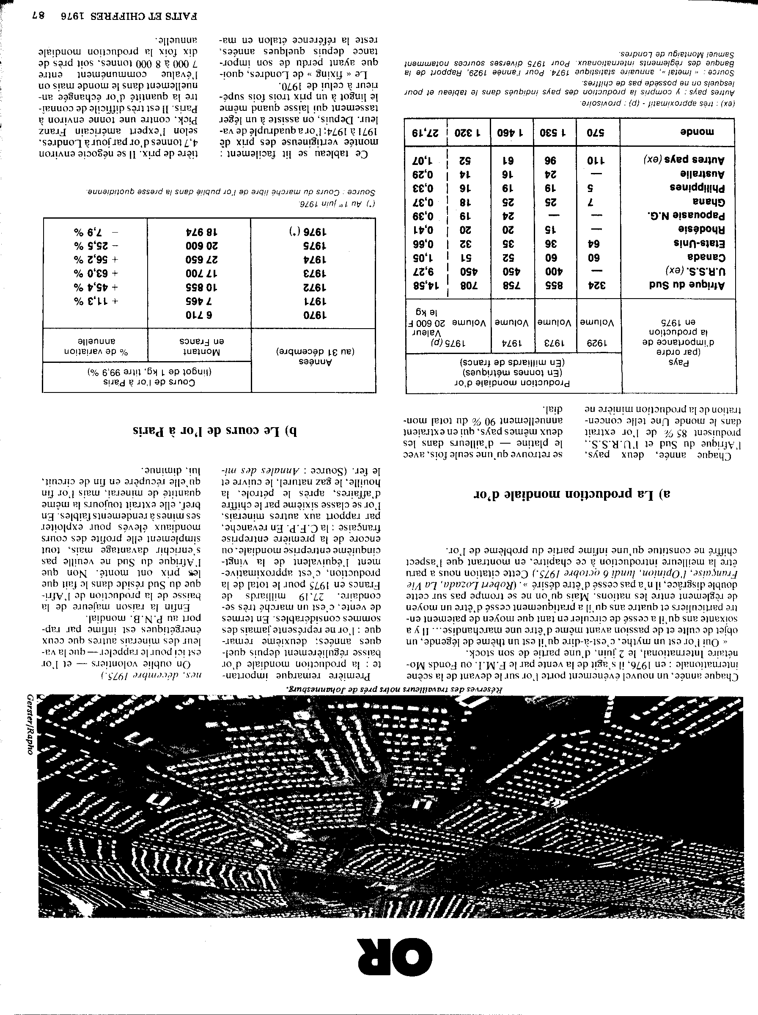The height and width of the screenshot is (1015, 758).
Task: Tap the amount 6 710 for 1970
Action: (x=199, y=315)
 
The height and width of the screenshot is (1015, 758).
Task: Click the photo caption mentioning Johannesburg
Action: (x=395, y=689)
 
